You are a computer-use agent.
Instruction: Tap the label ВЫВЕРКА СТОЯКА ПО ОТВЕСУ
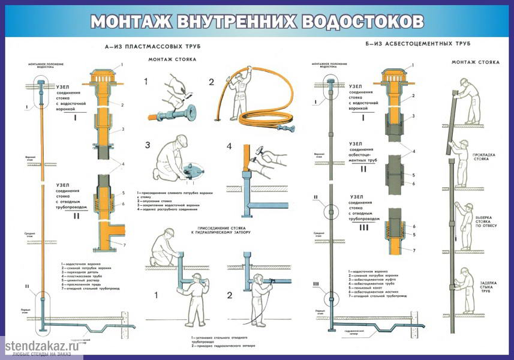[x=485, y=221]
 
